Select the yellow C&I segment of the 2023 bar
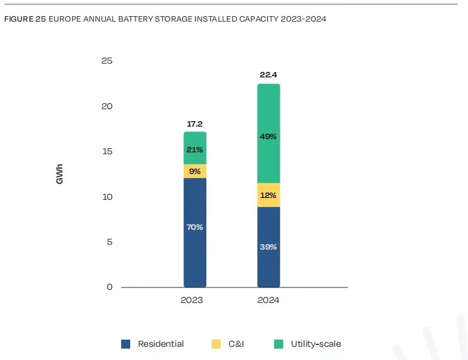pos(195,171)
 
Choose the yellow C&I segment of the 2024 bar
pos(268,195)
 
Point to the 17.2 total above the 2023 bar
pos(195,124)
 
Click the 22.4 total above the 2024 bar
pos(268,75)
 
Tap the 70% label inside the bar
pos(195,227)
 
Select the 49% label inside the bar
pos(268,137)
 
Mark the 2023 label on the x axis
pos(192,300)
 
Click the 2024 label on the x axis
pos(268,300)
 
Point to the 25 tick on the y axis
pos(107,61)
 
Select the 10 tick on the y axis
pos(107,197)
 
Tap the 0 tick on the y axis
pos(110,287)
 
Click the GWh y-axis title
pos(60,173)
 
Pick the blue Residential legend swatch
pos(126,344)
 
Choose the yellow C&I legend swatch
pos(216,344)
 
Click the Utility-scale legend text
pos(316,344)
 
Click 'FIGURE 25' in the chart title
pos(25,19)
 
